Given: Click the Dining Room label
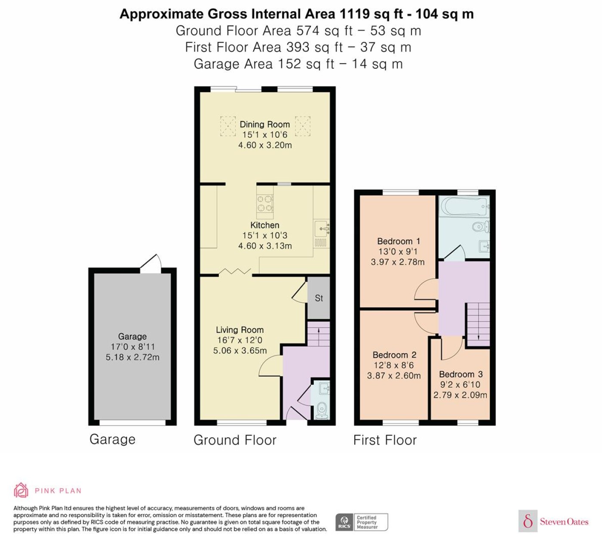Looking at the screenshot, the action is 264,124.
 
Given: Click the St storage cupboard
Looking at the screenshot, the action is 319,298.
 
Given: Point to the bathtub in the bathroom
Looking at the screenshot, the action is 464,206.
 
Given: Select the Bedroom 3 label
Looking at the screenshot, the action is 461,374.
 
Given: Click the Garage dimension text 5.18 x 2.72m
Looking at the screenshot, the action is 132,357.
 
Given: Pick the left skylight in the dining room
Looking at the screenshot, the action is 228,126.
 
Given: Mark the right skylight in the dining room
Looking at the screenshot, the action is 302,126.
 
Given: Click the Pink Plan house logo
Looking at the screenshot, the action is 21,490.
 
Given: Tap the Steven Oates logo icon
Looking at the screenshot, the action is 528,521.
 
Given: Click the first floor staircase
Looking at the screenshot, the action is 478,324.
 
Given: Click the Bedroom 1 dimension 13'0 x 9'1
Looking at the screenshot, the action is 398,252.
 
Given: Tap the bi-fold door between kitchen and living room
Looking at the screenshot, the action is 235,272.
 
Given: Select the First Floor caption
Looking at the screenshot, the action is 385,440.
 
